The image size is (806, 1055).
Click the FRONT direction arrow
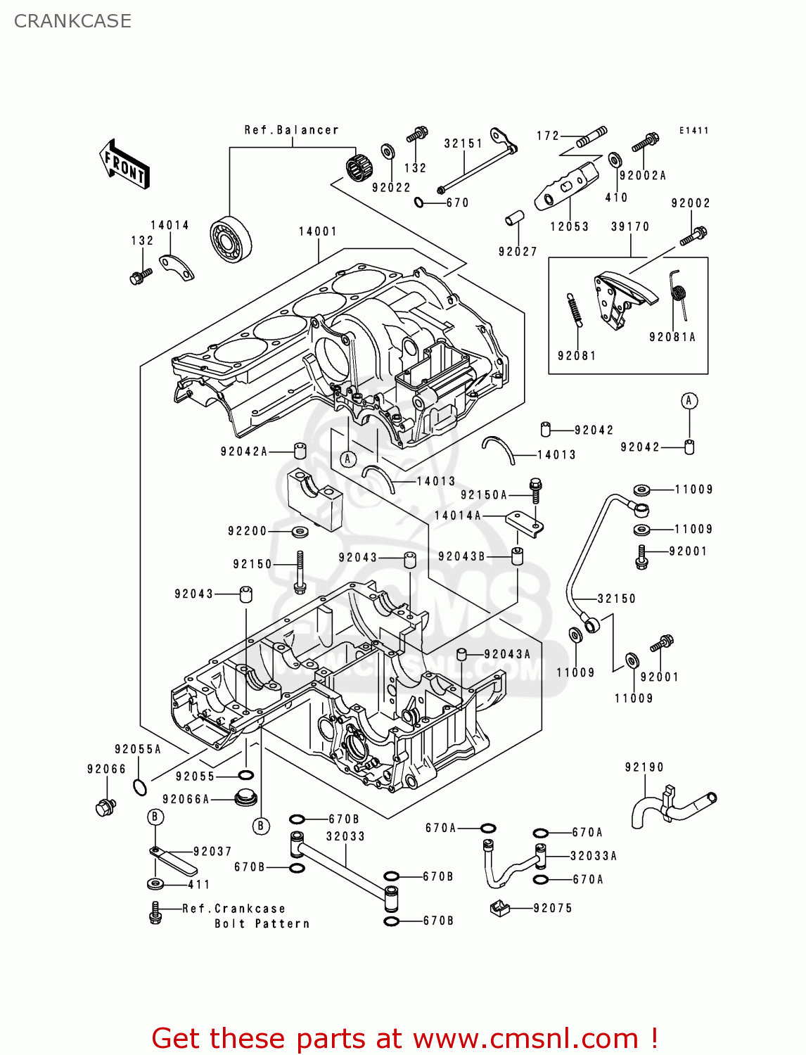click(125, 165)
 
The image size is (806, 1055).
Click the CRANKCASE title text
click(72, 21)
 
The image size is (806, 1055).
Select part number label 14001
click(317, 231)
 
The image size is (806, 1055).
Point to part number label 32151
click(463, 143)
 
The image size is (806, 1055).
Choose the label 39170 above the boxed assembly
click(630, 226)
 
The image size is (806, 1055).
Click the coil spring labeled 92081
click(574, 310)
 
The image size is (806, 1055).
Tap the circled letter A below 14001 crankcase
click(347, 459)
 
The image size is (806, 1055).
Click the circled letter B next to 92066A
click(261, 825)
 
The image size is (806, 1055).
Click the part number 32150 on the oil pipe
click(616, 599)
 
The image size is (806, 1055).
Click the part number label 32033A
click(593, 856)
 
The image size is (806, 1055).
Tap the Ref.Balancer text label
click(291, 130)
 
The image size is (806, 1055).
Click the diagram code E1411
click(693, 131)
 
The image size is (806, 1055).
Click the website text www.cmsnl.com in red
click(525, 1039)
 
